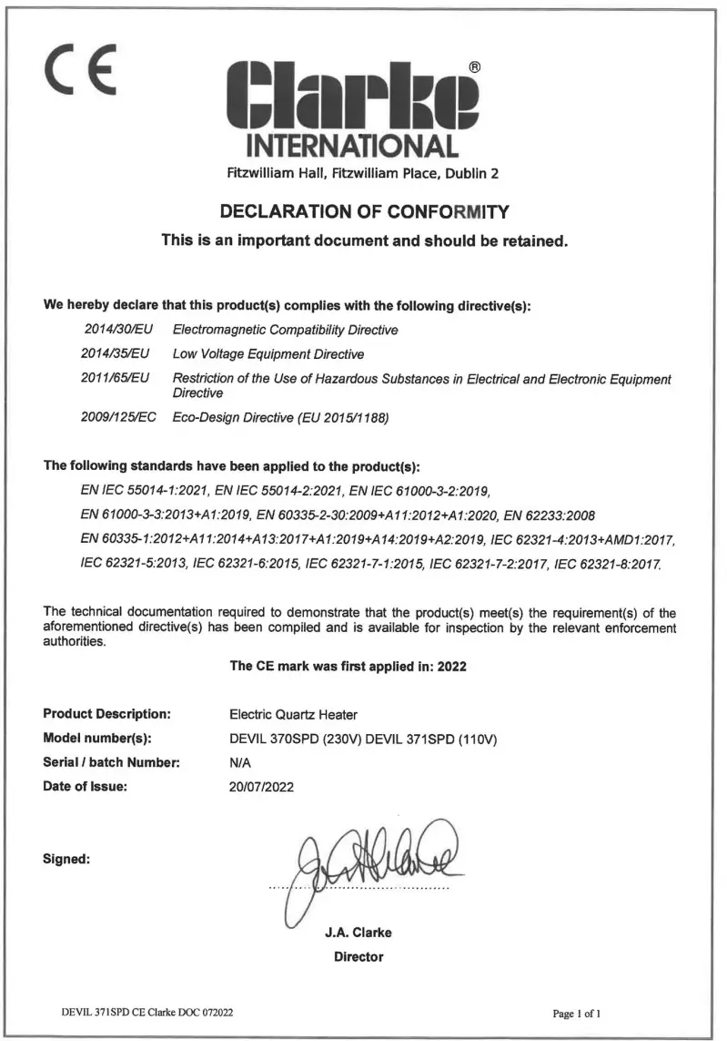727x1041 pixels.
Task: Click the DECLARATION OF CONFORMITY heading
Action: point(364,212)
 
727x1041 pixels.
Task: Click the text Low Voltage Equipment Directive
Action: point(268,353)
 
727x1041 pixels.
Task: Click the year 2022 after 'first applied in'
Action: point(451,666)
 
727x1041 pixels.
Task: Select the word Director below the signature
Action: point(358,957)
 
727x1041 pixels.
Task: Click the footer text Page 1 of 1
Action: point(577,1013)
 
